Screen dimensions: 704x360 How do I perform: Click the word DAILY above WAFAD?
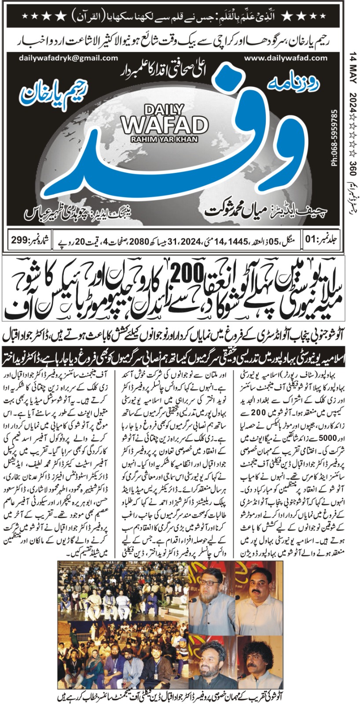[x=165, y=109]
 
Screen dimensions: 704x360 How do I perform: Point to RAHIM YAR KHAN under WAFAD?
[x=165, y=139]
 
